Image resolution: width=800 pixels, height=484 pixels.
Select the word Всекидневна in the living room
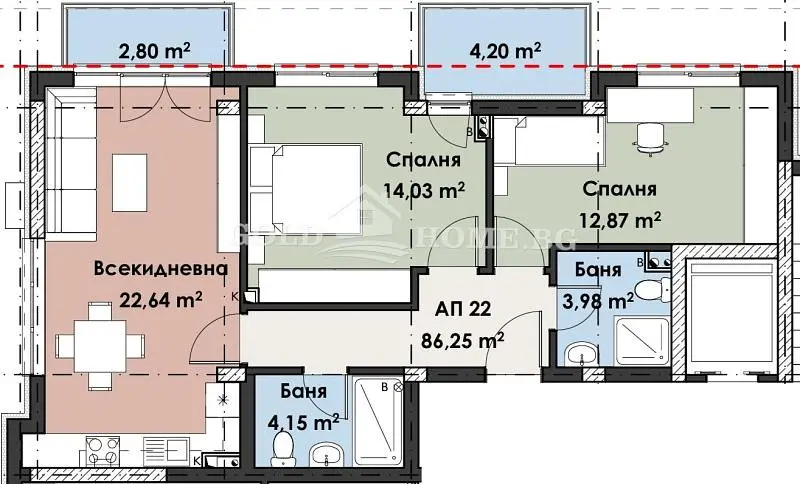[161, 268]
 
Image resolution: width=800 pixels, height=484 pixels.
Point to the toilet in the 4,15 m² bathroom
[283, 448]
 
